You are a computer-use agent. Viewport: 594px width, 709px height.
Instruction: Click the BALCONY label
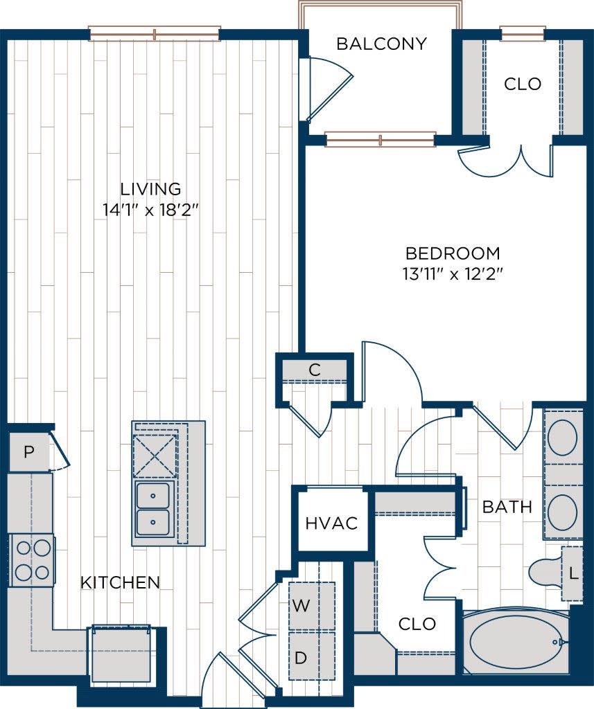381,44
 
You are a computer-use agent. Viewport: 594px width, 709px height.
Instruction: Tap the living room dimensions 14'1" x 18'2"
150,208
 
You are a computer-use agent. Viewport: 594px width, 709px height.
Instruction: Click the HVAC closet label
331,523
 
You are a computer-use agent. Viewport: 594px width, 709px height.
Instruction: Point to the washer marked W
301,606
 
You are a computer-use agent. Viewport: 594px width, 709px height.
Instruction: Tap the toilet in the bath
546,572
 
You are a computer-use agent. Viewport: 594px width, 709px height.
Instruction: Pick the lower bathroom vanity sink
562,512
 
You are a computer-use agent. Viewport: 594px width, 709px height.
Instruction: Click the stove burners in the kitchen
32,560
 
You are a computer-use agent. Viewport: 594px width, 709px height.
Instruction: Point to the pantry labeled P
28,453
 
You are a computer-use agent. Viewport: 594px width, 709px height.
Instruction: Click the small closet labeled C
315,370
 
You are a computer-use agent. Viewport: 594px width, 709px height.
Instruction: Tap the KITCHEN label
120,582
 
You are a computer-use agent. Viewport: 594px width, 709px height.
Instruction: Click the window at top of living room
155,33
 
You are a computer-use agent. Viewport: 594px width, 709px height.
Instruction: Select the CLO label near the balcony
523,84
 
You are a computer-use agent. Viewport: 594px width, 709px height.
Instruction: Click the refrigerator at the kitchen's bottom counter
122,654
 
